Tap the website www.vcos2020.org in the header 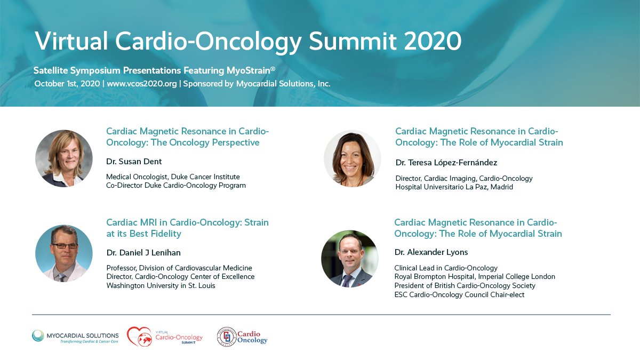click(x=141, y=84)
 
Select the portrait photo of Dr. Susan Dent click(x=64, y=158)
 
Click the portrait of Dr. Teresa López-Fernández click(x=353, y=158)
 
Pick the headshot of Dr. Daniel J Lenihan click(x=64, y=253)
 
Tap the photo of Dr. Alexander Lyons click(x=349, y=259)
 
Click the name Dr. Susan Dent click(x=133, y=161)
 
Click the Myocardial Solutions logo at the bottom click(x=75, y=337)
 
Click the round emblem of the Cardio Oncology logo click(x=227, y=337)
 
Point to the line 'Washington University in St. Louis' click(x=161, y=285)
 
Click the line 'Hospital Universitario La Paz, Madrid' click(x=454, y=187)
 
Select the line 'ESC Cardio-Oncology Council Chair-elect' click(x=459, y=294)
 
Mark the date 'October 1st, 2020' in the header click(x=66, y=84)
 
